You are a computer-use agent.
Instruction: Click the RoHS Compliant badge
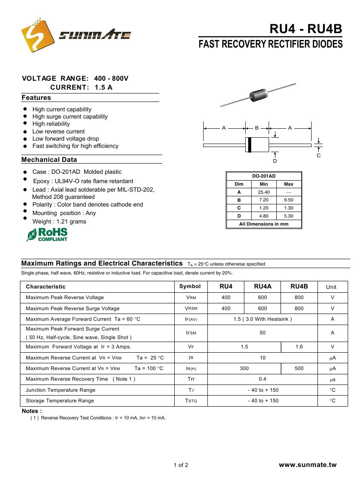[47, 235]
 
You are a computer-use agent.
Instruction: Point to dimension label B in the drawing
[257, 127]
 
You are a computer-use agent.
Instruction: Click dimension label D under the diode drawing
[275, 161]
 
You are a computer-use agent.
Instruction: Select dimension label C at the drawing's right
[318, 156]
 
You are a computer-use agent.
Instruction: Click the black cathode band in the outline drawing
[249, 145]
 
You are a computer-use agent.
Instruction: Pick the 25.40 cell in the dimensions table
[264, 192]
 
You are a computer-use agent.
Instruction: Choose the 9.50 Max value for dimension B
[289, 200]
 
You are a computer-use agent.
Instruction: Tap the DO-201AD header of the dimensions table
[264, 176]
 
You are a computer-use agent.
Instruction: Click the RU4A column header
[263, 287]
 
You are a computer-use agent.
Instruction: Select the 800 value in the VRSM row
[299, 308]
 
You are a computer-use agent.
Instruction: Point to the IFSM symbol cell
[191, 333]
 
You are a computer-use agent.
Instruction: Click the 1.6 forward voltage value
[299, 347]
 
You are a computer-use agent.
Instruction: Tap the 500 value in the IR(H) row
[299, 368]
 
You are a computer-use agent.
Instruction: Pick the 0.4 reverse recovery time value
[263, 379]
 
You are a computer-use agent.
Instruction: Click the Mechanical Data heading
[49, 160]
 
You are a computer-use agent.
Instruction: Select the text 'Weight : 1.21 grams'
[59, 221]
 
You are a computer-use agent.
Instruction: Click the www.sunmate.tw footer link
[307, 465]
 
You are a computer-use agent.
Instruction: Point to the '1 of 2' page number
[181, 465]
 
